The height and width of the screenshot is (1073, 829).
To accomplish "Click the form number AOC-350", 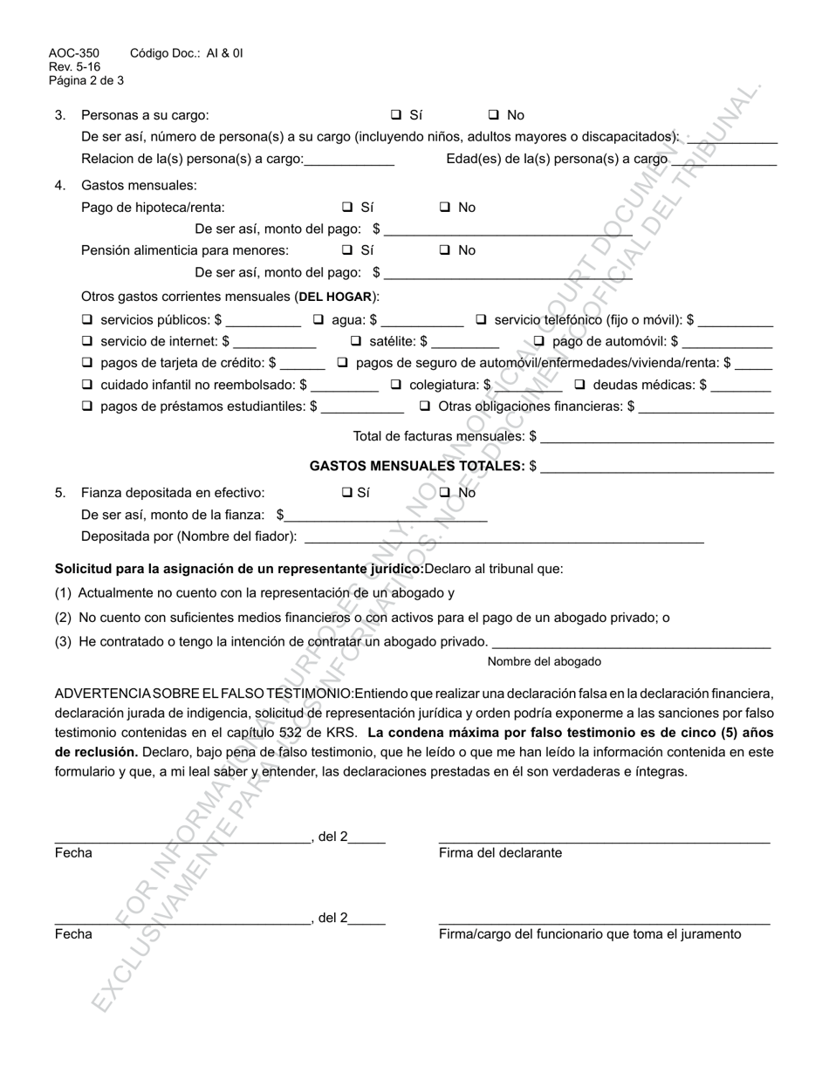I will coord(73,53).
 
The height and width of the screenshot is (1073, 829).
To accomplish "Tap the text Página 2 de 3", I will coord(86,80).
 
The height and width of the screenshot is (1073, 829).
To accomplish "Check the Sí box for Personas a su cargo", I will coord(395,114).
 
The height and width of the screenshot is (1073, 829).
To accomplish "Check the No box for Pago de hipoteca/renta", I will coord(444,208).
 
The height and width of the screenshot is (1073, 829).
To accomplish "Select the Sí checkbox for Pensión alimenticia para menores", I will coord(346,250).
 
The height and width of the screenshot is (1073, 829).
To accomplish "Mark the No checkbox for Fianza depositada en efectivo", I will coord(444,493).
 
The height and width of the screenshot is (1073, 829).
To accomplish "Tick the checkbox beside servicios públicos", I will coord(86,320).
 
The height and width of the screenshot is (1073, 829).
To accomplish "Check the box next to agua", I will coord(319,320).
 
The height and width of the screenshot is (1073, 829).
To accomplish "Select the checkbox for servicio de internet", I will coord(86,341).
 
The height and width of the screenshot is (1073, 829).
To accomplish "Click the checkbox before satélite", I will coord(355,341).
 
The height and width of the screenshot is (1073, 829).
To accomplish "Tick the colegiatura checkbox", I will coord(395,385).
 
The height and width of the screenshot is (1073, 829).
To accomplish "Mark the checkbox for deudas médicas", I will coord(579,385).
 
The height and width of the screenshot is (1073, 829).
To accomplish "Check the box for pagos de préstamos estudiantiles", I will coord(86,406).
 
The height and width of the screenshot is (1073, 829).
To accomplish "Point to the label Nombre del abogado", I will coord(544,661).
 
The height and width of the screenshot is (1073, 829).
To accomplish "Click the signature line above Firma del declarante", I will coord(604,841).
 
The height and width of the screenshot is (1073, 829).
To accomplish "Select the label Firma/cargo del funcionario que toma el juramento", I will coord(590,934).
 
